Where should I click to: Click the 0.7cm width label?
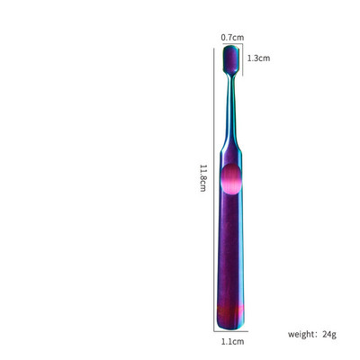coord(232,38)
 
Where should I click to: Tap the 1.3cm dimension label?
coord(258,58)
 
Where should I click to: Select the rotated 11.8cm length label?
coord(203,177)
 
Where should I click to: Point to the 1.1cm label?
coord(232,341)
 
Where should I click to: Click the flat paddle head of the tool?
coord(231,59)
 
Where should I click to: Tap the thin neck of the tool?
coord(231,110)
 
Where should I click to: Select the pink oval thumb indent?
coord(231,179)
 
